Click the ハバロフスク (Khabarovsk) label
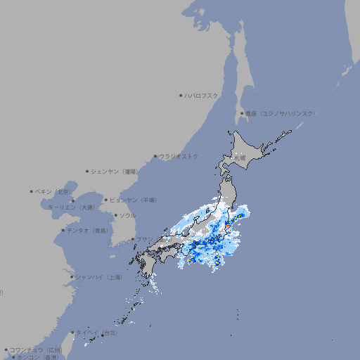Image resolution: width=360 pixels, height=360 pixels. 202,95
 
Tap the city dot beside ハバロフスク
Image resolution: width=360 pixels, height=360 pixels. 181,95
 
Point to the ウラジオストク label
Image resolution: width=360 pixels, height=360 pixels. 179,156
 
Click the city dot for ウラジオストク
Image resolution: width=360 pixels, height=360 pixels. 155,156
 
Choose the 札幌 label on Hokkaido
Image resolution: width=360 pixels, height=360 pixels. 240,157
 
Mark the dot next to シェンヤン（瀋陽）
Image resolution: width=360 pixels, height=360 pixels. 87,171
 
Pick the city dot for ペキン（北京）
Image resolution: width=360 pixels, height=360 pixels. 32,191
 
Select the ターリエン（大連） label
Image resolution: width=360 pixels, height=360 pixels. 71,207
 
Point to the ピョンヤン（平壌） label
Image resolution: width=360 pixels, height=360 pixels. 134,200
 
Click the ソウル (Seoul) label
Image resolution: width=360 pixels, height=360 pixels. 127,215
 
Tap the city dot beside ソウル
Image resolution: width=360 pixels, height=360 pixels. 115,215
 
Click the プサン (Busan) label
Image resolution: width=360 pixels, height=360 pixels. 143,239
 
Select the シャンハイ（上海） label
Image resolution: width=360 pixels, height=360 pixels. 98,277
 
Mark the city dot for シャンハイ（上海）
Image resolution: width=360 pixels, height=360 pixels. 72,277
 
